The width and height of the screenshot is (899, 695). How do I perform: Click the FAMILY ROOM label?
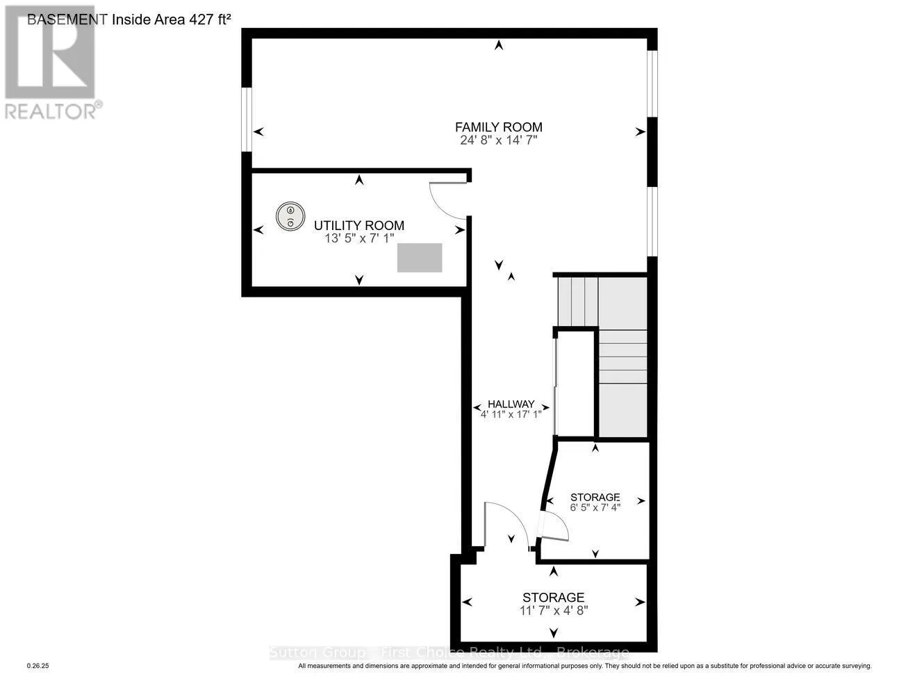point(498,127)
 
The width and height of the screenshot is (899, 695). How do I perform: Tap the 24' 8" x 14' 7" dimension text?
point(498,140)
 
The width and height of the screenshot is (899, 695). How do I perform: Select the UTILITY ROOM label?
point(358,226)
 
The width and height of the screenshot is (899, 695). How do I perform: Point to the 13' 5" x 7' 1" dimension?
point(359,238)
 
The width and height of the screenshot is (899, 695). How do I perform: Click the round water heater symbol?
point(290,216)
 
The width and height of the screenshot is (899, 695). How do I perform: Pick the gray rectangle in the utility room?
point(420,257)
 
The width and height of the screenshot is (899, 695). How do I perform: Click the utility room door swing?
point(444,199)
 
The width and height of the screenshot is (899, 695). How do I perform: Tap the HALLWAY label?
point(511,404)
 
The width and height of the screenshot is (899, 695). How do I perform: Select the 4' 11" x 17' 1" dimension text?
point(511,415)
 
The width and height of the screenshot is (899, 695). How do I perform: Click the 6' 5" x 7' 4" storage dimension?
point(595,507)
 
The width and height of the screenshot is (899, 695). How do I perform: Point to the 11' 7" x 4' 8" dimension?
point(553,610)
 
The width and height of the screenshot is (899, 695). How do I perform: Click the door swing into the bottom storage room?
point(504,523)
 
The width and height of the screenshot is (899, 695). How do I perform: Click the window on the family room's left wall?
point(246,118)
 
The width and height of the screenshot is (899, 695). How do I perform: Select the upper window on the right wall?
point(652,82)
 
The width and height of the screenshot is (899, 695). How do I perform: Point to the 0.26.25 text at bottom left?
point(38,666)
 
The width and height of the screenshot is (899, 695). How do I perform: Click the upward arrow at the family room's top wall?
point(498,46)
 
